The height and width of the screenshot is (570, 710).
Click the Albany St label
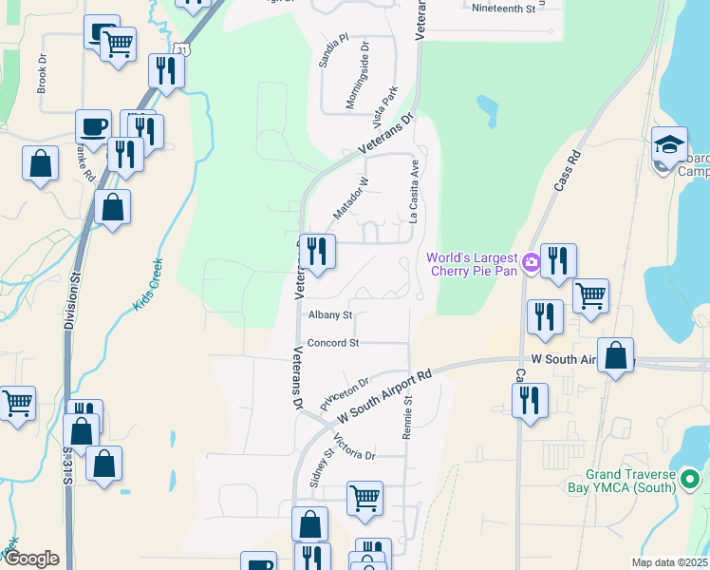[329, 314]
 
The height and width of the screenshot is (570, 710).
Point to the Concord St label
[332, 342]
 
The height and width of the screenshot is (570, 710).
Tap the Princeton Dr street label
[344, 390]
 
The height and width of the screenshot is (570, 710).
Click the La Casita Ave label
[414, 191]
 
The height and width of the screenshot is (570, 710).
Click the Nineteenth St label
[503, 8]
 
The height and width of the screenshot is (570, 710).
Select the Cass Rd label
[566, 172]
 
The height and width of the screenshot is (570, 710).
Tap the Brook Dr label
[42, 72]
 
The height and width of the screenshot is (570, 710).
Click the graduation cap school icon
[669, 145]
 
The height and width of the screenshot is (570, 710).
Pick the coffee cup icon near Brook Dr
[94, 126]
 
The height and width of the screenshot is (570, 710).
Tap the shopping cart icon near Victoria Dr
[364, 497]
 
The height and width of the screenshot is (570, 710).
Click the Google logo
[31, 559]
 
